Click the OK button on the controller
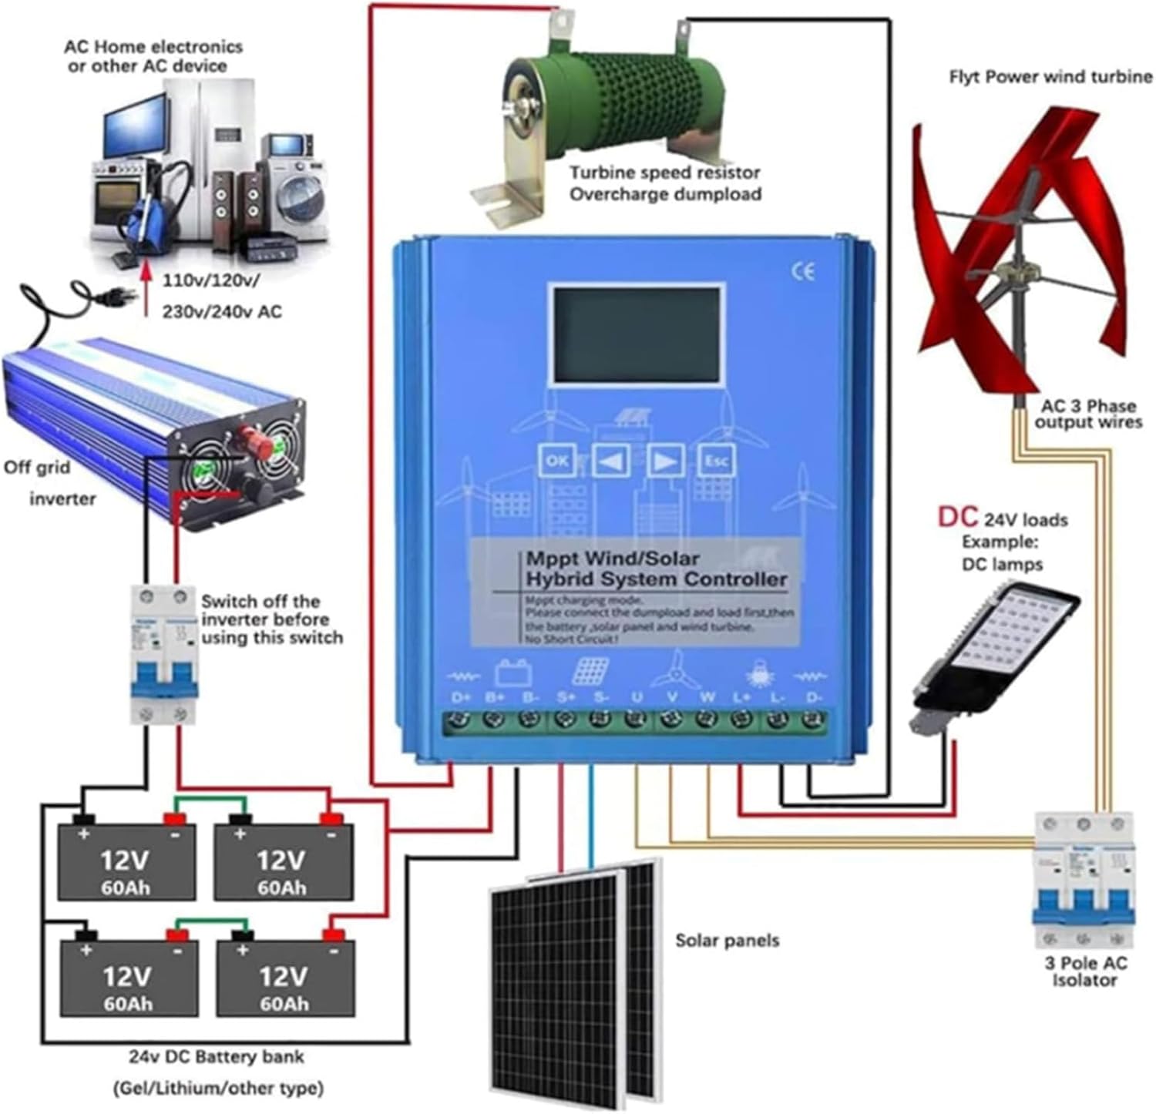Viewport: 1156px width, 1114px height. tap(556, 461)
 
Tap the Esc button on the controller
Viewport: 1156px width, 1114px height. tap(716, 461)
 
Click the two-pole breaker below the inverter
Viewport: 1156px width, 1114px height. tap(163, 654)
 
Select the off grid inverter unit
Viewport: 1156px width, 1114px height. tap(154, 431)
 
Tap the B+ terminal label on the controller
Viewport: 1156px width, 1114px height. tap(495, 697)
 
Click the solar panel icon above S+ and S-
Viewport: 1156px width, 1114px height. tap(590, 671)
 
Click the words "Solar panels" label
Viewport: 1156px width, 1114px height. tap(727, 940)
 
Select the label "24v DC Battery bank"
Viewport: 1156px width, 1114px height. tap(216, 1057)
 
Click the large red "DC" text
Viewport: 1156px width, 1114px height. tap(957, 517)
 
